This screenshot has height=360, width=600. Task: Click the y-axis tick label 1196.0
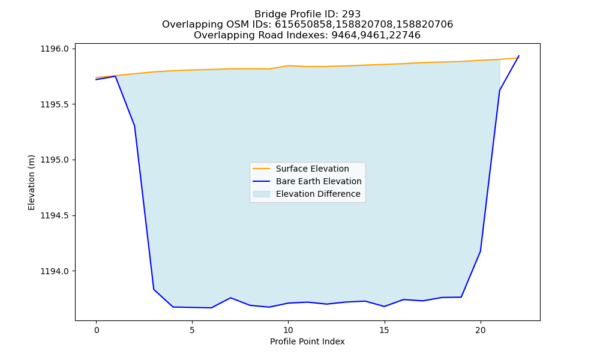click(x=55, y=49)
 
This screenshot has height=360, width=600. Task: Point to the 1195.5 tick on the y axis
click(x=55, y=104)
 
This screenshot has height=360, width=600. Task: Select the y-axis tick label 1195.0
click(x=55, y=160)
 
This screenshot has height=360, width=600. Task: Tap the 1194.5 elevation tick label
click(x=55, y=216)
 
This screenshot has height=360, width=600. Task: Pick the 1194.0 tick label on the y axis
click(x=55, y=271)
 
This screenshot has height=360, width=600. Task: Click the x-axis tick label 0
click(x=97, y=330)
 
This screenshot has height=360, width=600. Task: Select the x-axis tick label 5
click(x=192, y=330)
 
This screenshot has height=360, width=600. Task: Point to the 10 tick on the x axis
click(x=288, y=330)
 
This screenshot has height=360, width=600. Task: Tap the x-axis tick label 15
click(x=384, y=330)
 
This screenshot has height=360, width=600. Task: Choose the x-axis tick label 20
click(x=480, y=330)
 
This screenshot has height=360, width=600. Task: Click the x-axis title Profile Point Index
click(x=307, y=341)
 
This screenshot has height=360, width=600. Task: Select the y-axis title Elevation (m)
click(x=31, y=182)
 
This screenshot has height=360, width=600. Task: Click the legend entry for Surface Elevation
click(x=301, y=169)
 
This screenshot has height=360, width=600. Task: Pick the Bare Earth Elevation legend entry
click(x=307, y=181)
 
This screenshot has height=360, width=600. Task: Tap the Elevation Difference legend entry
click(x=307, y=194)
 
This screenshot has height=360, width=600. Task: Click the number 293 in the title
click(x=351, y=14)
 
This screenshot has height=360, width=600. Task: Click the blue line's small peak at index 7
click(x=230, y=298)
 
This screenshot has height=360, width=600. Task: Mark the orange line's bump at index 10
click(x=288, y=66)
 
